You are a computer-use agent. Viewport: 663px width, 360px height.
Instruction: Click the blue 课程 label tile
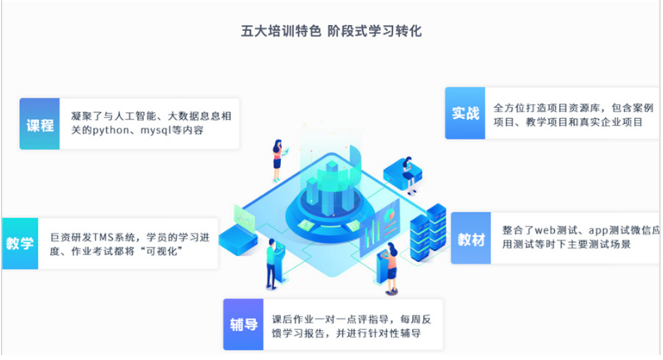tap(39, 124)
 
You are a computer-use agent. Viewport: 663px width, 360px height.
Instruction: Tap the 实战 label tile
tap(465, 113)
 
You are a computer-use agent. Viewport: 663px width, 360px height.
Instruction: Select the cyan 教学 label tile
tap(20, 244)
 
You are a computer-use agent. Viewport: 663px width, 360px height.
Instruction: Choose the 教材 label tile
tap(471, 238)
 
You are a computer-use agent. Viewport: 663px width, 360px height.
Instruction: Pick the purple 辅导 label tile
tap(243, 324)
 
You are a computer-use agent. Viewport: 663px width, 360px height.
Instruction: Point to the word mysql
tap(156, 131)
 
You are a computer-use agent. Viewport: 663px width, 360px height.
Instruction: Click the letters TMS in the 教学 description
tap(104, 237)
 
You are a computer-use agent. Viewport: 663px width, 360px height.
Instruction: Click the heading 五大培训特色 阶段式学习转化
tap(331, 31)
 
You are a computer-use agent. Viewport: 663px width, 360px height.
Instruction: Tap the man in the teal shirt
tap(271, 264)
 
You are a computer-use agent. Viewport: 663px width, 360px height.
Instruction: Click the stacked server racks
tap(428, 232)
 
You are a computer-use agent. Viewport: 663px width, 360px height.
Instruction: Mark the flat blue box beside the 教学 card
tap(238, 239)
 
